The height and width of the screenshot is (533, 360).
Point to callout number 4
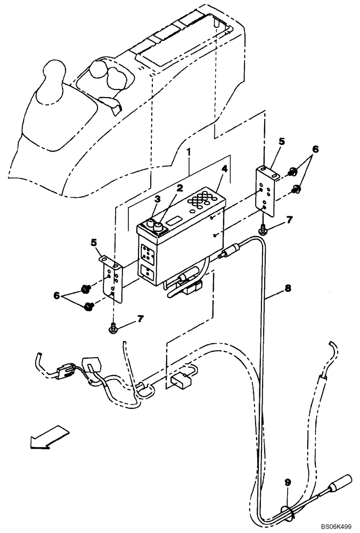pos(225,169)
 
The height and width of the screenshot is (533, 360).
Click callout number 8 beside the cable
pos(288,289)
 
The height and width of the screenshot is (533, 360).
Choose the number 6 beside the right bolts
pos(316,150)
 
